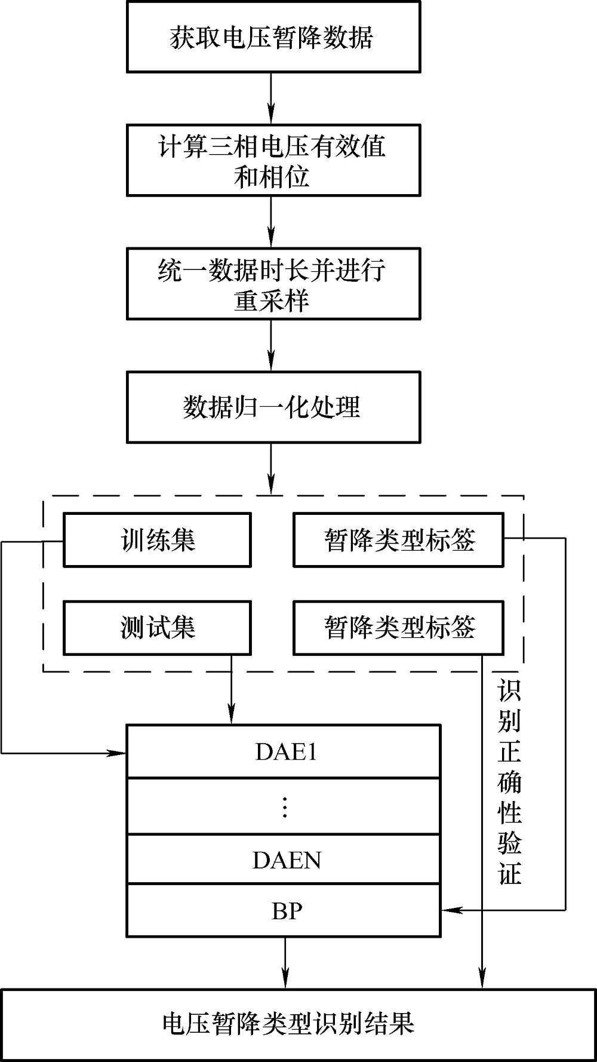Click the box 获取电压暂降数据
(273, 37)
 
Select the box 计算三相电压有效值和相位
(273, 160)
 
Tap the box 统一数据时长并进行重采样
(273, 284)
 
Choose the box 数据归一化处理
(273, 407)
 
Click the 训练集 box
(157, 540)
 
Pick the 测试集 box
(157, 627)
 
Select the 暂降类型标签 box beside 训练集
(398, 540)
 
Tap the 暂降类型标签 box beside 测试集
(398, 627)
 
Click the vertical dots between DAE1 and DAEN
(285, 807)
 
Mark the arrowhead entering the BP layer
(448, 910)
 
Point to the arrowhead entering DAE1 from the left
(119, 753)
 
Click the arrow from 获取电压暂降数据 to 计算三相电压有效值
(272, 99)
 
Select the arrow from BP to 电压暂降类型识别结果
(285, 962)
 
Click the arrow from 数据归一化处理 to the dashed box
(272, 468)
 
